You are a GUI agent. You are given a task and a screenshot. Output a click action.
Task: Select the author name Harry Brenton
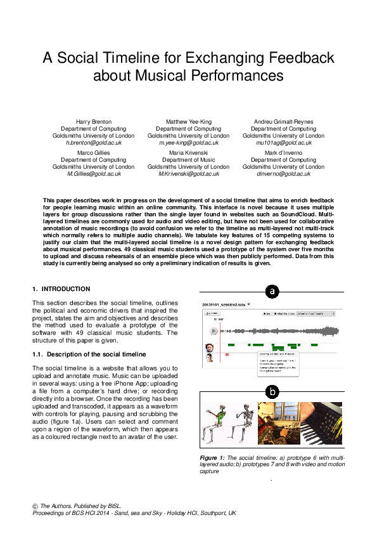click(93, 121)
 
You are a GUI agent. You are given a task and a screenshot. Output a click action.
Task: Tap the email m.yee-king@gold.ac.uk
click(188, 143)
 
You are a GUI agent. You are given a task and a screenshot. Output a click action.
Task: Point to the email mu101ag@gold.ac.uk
click(283, 143)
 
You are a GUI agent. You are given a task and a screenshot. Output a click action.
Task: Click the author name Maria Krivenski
click(188, 152)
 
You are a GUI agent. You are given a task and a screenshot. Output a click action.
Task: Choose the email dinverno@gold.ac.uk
click(283, 174)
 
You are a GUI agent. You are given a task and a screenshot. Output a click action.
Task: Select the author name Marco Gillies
click(93, 152)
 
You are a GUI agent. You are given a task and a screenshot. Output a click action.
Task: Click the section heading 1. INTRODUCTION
click(61, 289)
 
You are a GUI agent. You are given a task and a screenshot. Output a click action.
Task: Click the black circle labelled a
click(272, 292)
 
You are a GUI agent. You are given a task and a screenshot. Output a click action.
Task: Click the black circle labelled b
click(272, 392)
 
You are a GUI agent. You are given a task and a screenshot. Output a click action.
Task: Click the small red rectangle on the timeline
click(227, 355)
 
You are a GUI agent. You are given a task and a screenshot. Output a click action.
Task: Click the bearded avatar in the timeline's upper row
click(210, 348)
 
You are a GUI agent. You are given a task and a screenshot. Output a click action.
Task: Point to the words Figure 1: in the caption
click(213, 457)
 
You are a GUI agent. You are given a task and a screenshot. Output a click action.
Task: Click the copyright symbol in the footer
click(35, 506)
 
